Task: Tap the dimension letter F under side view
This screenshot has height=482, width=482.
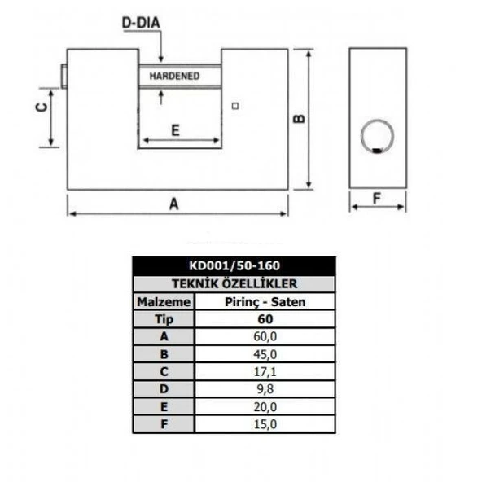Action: point(377,197)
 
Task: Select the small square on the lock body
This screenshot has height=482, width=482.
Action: point(236,106)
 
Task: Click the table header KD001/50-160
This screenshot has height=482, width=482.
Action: point(234,265)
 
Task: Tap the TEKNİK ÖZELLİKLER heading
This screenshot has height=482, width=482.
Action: point(234,283)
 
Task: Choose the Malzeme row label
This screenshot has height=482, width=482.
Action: point(164,301)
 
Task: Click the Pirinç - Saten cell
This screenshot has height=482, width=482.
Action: point(265,301)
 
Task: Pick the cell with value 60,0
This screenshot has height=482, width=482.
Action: point(265,336)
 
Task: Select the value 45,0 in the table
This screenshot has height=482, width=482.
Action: point(265,354)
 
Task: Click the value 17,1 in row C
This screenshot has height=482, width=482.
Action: point(265,372)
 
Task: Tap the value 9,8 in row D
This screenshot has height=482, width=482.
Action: point(265,389)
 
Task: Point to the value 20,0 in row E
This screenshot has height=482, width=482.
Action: point(265,407)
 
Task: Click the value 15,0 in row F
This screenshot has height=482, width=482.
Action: point(265,424)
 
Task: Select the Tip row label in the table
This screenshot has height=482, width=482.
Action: point(164,319)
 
